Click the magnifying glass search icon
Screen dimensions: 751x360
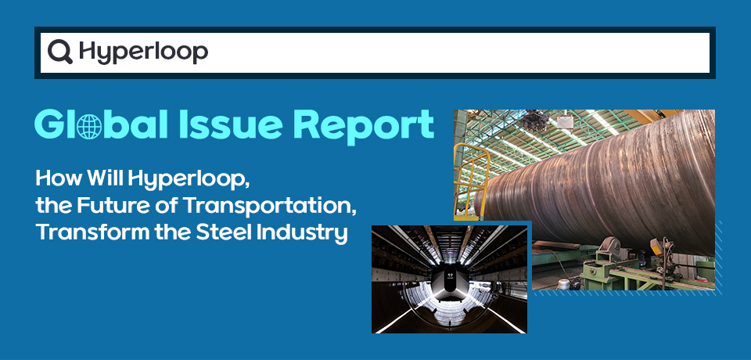(60, 52)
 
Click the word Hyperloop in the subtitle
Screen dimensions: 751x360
(189, 180)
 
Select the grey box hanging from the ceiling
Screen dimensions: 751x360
(564, 121)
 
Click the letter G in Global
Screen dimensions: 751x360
(49, 125)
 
